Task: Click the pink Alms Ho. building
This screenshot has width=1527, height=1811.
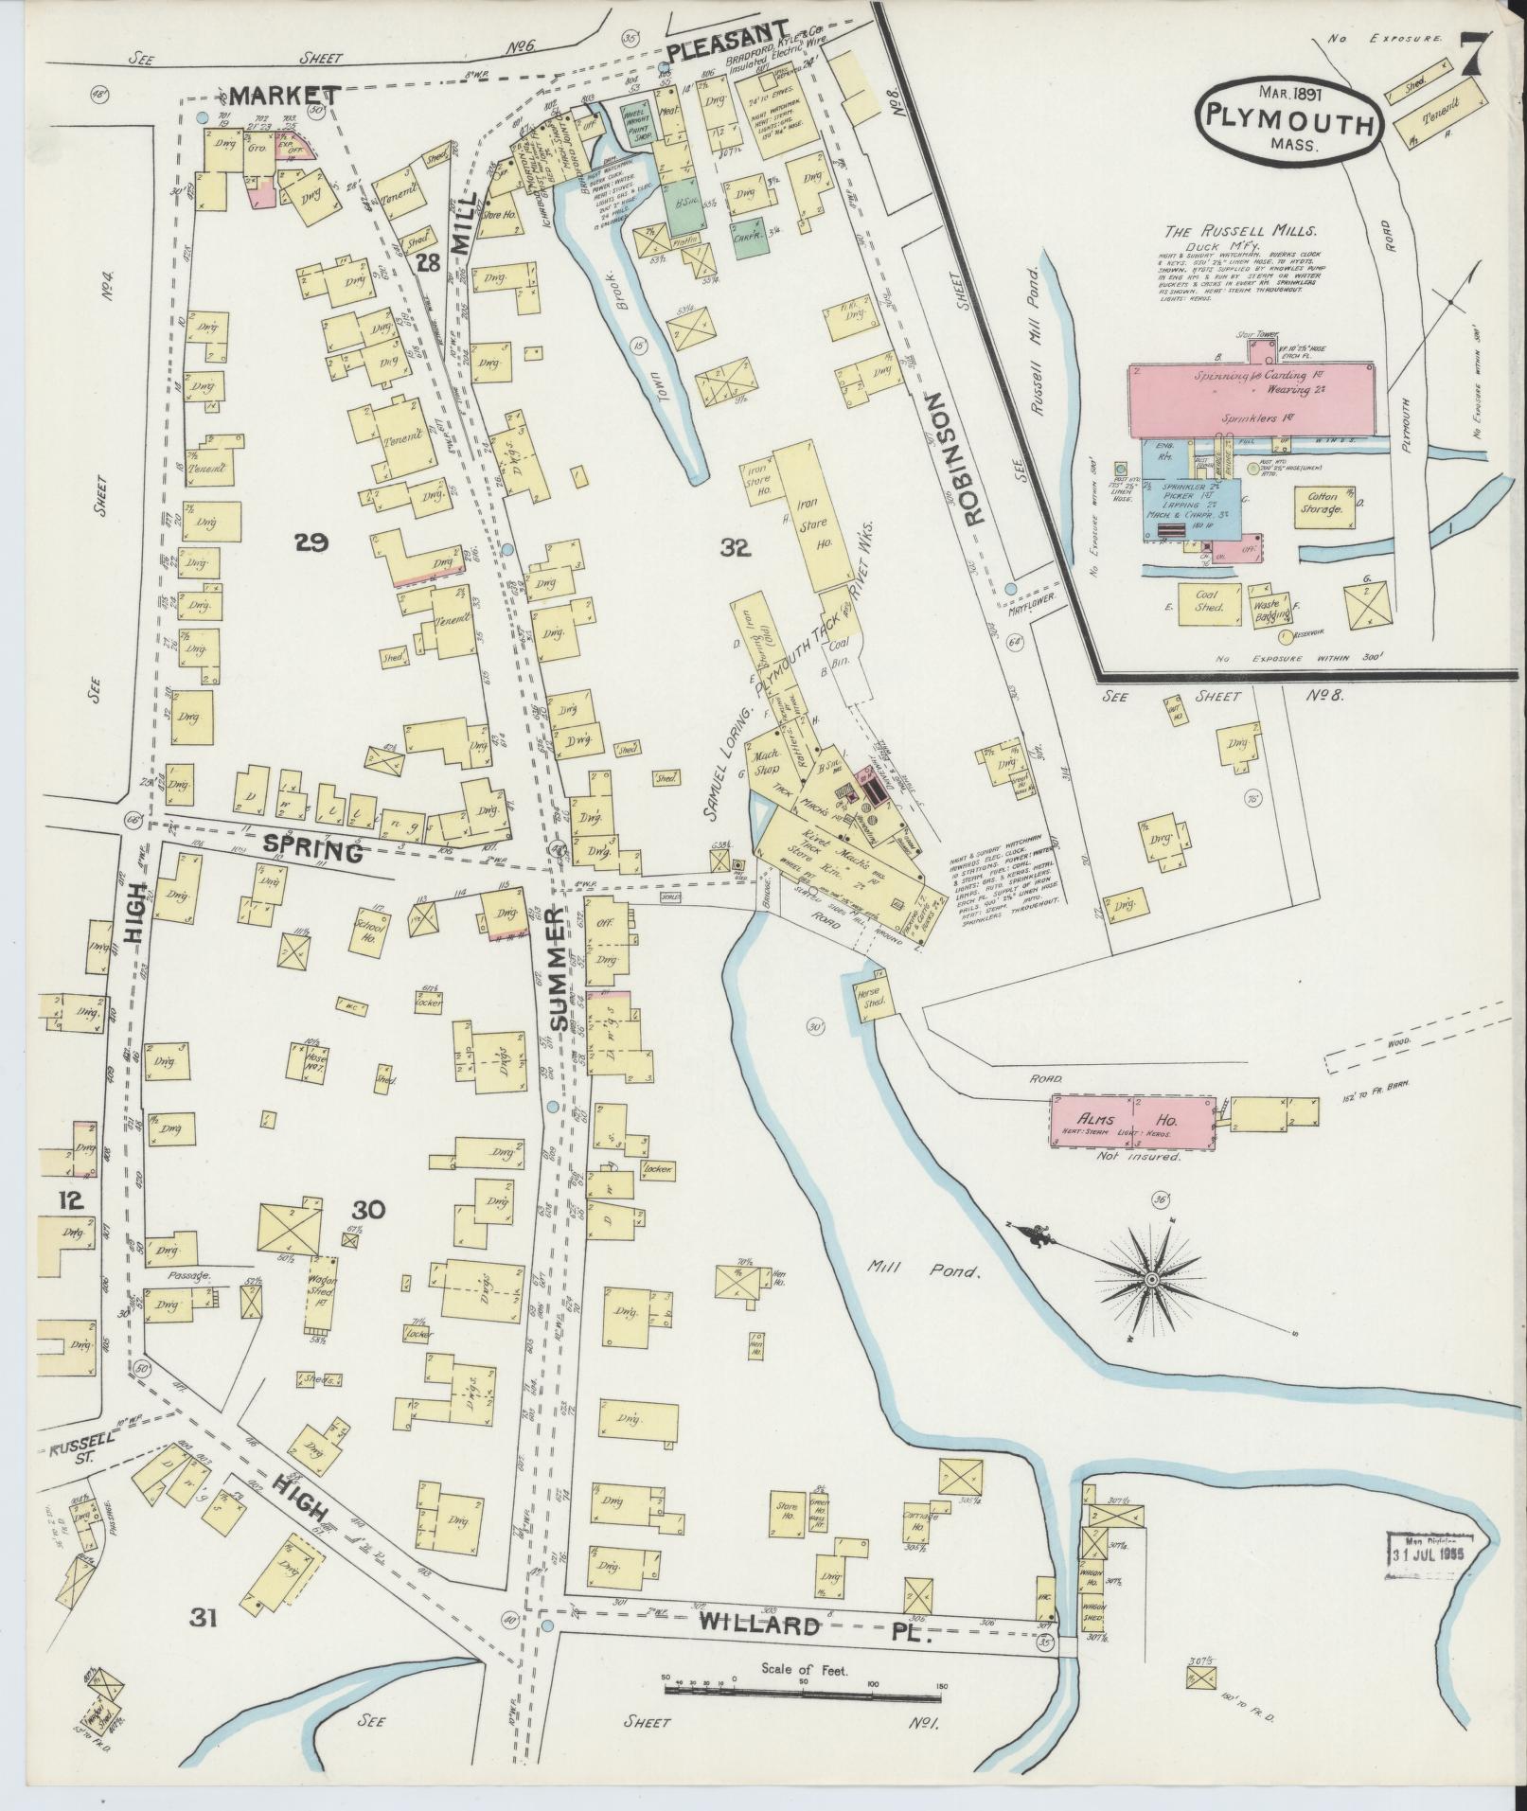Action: [x=1132, y=1121]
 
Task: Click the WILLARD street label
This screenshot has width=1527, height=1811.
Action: [x=758, y=1440]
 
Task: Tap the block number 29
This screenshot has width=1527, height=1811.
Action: [x=311, y=542]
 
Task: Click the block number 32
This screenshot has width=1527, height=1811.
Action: [x=735, y=545]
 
